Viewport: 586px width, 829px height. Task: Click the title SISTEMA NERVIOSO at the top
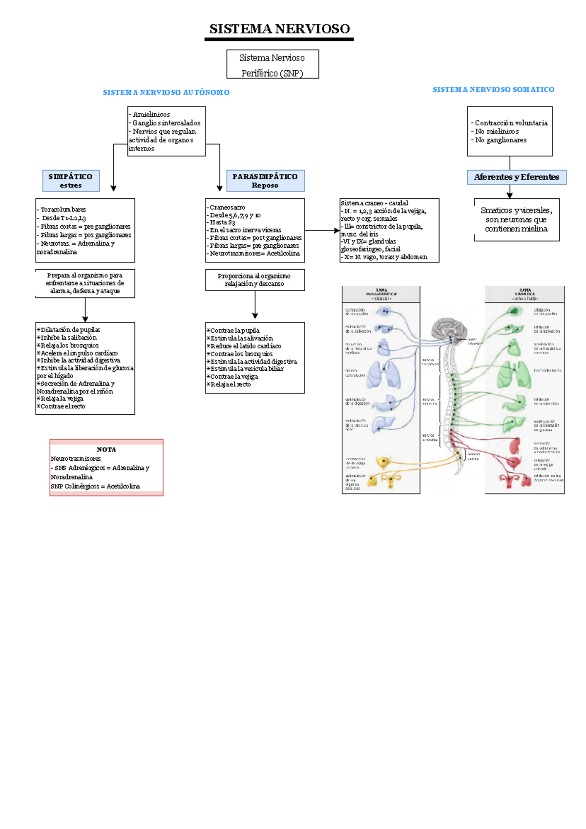pos(279,29)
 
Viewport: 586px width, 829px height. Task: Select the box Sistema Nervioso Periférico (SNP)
pos(272,64)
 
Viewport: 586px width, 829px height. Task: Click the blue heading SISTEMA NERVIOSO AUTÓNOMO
pos(166,92)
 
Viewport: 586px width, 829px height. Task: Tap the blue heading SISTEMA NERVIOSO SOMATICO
pos(493,90)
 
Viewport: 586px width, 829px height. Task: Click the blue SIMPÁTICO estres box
pos(71,181)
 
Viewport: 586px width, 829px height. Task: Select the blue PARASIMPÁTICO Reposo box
pos(265,181)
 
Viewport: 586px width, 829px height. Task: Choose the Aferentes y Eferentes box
pos(517,177)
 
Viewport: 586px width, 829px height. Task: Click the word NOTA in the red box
pos(106,449)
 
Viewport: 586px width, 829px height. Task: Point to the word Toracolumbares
pos(63,210)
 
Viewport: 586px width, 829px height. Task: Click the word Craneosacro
pos(227,208)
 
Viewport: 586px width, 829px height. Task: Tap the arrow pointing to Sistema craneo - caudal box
pos(336,231)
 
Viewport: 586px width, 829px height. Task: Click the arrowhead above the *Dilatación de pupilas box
pos(85,319)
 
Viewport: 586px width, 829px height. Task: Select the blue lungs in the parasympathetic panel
pos(384,374)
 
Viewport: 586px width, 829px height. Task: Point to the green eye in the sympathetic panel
pos(514,311)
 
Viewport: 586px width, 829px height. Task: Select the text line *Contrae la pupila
pos(233,331)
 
